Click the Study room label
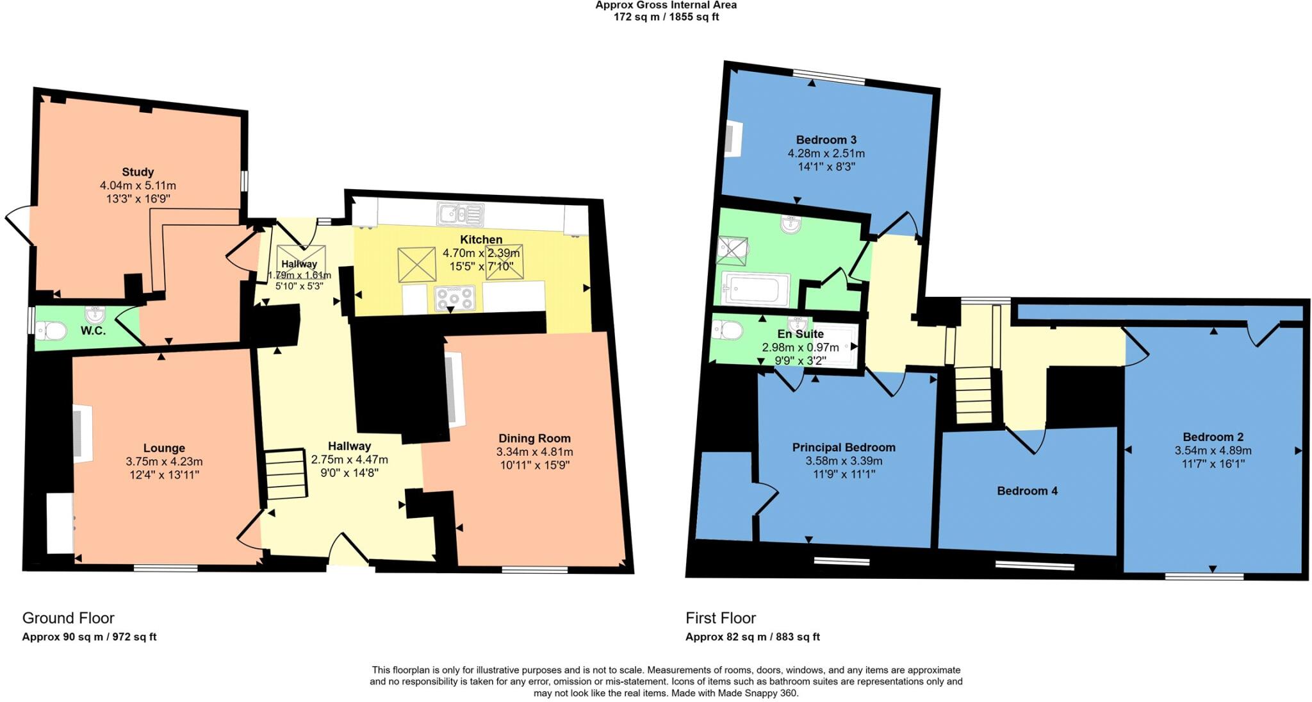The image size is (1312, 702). click(x=138, y=172)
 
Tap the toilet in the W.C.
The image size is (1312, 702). click(x=52, y=331)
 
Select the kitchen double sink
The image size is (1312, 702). click(x=460, y=215)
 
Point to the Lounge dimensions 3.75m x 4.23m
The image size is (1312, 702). click(x=164, y=462)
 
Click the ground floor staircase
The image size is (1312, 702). click(x=286, y=474)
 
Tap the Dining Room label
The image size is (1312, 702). click(x=534, y=439)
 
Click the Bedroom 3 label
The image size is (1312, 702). click(x=826, y=140)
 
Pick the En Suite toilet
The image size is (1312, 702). click(x=728, y=330)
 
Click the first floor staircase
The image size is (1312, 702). click(x=974, y=394)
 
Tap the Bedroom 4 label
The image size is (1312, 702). click(x=1027, y=491)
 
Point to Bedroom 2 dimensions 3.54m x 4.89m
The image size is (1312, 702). click(x=1213, y=451)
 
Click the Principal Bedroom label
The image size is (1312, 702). click(x=844, y=447)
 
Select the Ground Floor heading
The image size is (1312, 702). click(x=68, y=618)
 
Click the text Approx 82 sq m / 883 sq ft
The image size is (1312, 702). click(x=752, y=637)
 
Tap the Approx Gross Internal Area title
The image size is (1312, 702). click(x=666, y=5)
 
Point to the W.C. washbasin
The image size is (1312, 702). click(x=95, y=314)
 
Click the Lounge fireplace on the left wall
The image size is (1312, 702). click(x=81, y=433)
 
